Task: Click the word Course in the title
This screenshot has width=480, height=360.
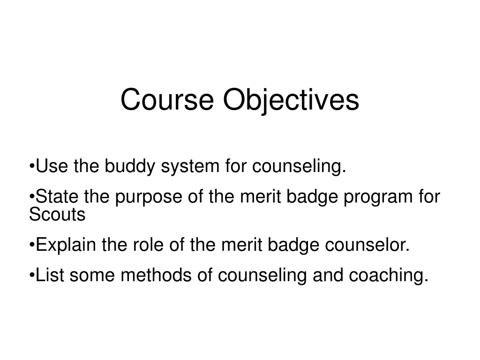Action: (x=167, y=99)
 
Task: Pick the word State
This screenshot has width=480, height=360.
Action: (x=57, y=196)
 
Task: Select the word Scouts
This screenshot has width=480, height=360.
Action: (x=57, y=214)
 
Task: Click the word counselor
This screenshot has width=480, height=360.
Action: (x=367, y=245)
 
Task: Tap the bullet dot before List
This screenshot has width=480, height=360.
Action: (x=32, y=275)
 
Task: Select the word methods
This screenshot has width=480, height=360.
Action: (x=156, y=275)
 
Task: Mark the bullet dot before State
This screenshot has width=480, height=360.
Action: (x=32, y=196)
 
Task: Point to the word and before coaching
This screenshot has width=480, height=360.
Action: (x=328, y=275)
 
